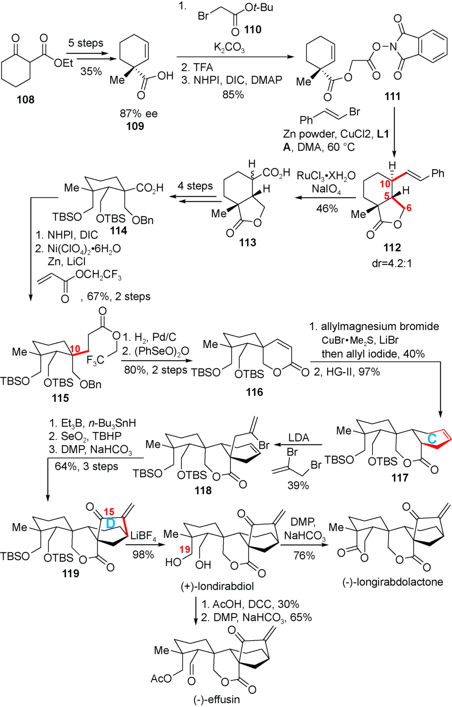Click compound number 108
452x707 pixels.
coord(25,100)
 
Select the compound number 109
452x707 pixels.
coord(135,125)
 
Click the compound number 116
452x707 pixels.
coord(254,392)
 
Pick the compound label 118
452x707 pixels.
coord(203,490)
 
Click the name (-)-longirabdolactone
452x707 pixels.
coord(392,582)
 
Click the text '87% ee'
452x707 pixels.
coord(138,114)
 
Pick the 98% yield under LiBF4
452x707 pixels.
coord(143,554)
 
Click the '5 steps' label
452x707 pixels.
coord(86,43)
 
